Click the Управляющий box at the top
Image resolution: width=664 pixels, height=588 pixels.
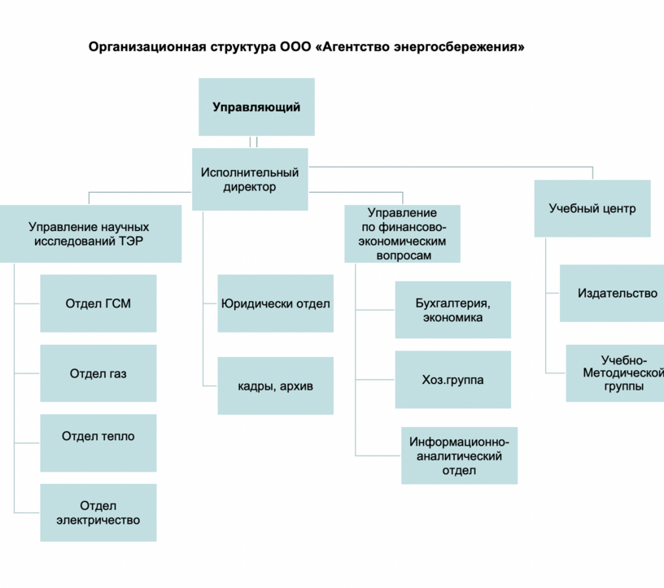point(256,107)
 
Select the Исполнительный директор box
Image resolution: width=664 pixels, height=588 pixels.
point(250,179)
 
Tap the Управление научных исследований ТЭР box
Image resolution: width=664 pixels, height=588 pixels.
point(90,233)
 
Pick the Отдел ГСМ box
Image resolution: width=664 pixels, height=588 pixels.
point(98,303)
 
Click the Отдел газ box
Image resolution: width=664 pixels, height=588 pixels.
point(98,373)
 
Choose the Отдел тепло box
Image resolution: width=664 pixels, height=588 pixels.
point(98,442)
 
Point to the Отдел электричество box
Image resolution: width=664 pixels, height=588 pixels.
point(98,512)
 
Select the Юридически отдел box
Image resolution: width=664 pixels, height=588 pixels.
point(276,303)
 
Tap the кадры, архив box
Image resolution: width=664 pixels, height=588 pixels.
point(276,385)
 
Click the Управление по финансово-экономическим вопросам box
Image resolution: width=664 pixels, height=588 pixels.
point(402,233)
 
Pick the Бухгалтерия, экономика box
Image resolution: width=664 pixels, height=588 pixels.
point(453,310)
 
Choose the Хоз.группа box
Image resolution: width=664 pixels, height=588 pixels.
point(453,379)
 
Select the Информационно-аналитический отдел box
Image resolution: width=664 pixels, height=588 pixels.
point(460,455)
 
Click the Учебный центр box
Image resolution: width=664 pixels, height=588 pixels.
point(592,208)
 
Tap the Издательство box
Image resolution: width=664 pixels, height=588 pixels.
point(612,294)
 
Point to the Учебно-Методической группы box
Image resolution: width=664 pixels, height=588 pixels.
point(615,373)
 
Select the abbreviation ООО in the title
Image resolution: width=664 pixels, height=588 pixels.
point(295,46)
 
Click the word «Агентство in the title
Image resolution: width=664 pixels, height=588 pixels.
point(353,46)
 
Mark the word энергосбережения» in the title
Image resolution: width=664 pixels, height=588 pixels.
point(459,47)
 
